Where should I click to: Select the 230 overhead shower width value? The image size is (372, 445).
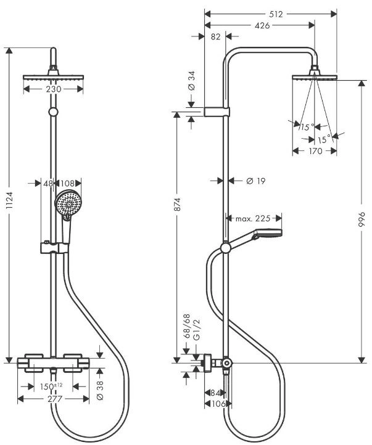coord(54,89)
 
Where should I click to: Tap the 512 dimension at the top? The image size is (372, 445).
coord(276,14)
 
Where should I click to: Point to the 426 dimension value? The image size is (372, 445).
coord(262,25)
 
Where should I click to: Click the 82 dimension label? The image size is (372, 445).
coord(216,36)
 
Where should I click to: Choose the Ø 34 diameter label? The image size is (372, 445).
coord(192,81)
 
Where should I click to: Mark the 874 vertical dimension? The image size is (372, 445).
coord(177,204)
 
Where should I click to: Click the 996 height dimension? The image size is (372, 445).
coord(362,219)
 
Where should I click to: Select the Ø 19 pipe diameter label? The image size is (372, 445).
coord(256,181)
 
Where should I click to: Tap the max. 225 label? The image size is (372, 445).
coord(253,219)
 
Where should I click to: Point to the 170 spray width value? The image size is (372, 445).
coord(315,151)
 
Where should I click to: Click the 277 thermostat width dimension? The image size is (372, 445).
coord(54,399)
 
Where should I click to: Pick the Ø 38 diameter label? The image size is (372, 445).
coord(100,390)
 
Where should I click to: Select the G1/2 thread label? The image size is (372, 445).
coord(197,329)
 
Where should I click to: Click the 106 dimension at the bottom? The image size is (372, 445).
coord(218,403)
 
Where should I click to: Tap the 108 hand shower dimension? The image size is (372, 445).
coord(67,183)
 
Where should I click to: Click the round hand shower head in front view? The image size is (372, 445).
coord(68,203)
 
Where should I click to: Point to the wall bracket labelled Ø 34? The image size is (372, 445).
coord(217,112)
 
